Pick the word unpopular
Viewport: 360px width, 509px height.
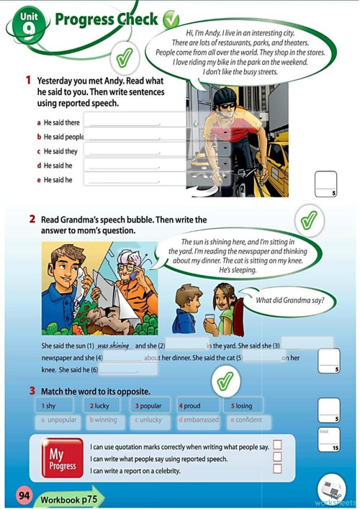[59, 420]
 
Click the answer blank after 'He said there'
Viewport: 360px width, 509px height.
[122, 122]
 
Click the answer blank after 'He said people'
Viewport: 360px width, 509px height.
[122, 136]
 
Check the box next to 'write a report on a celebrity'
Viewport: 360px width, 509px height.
[276, 469]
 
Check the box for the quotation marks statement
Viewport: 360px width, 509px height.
[276, 446]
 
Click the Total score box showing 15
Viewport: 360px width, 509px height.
[328, 441]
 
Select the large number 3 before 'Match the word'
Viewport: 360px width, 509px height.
[33, 390]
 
